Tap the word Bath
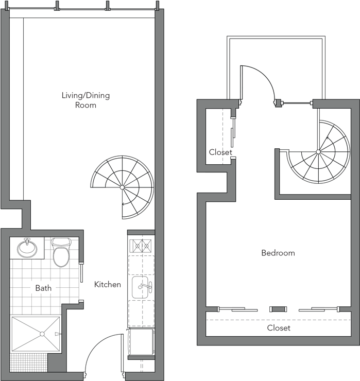pyautogui.click(x=43, y=288)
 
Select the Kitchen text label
pyautogui.click(x=108, y=284)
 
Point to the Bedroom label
pyautogui.click(x=278, y=253)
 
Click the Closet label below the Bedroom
pyautogui.click(x=278, y=327)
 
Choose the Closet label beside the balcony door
pyautogui.click(x=220, y=152)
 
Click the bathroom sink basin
pyautogui.click(x=27, y=249)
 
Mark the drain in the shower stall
pyautogui.click(x=42, y=334)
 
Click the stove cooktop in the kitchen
pyautogui.click(x=141, y=246)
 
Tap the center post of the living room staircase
pyautogui.click(x=122, y=187)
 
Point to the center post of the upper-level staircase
pyautogui.click(x=318, y=151)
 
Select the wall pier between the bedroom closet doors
pyautogui.click(x=278, y=309)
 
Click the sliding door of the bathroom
pyautogui.click(x=81, y=273)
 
